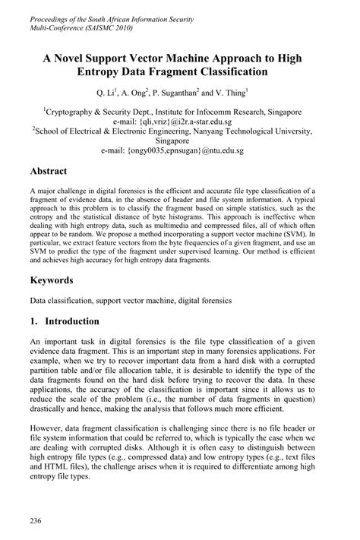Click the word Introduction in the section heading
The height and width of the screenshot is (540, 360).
click(x=72, y=321)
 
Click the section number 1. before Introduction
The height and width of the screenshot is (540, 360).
click(x=35, y=321)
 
